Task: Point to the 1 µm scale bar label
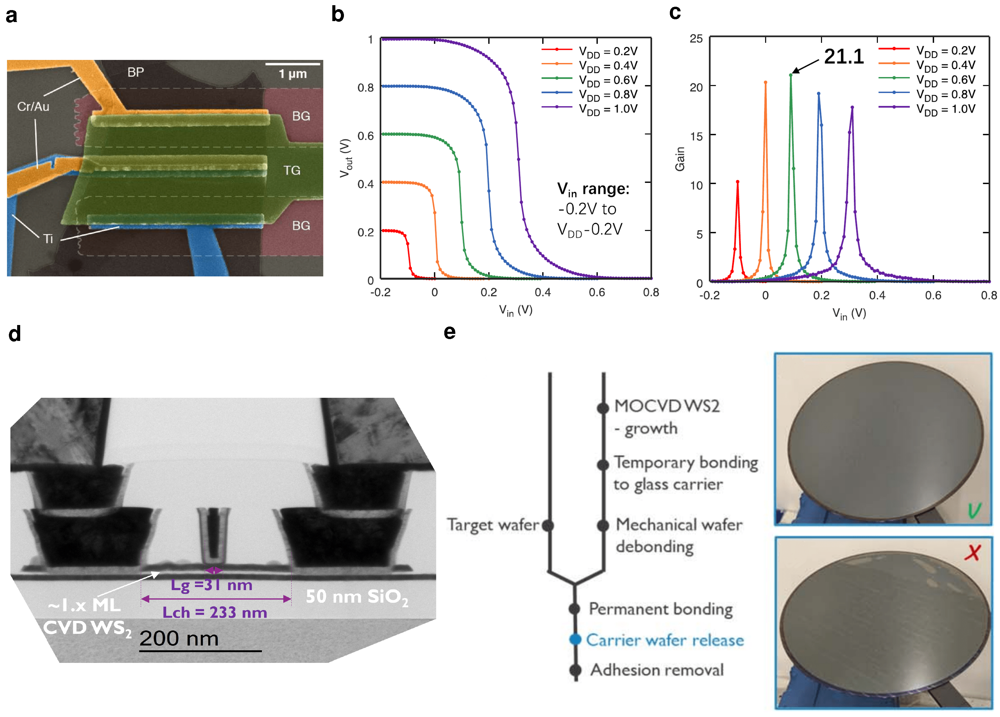[293, 74]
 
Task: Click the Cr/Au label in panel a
[33, 107]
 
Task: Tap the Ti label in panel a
[48, 239]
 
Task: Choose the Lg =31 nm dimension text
[212, 585]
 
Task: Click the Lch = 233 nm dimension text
[215, 612]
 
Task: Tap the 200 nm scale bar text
[179, 638]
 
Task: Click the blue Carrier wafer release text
[664, 640]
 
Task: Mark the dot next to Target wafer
[548, 525]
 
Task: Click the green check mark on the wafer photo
[974, 510]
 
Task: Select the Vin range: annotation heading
[593, 189]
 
